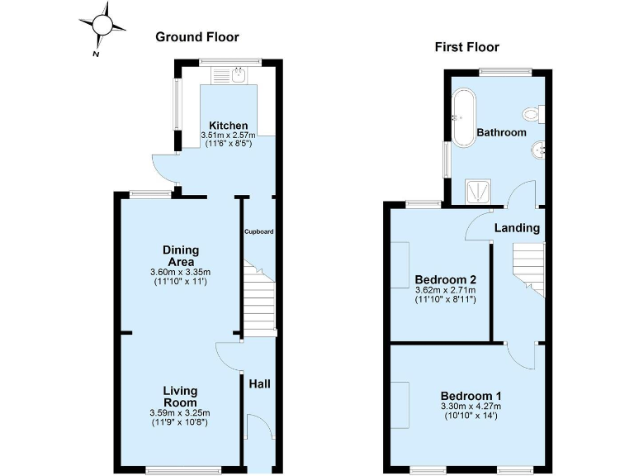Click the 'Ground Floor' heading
(x=197, y=36)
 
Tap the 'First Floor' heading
(x=467, y=47)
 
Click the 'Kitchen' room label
(x=228, y=126)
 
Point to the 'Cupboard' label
(x=258, y=231)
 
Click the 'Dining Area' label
(x=180, y=256)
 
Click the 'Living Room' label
(x=180, y=397)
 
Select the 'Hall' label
(x=260, y=384)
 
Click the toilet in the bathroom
(x=530, y=114)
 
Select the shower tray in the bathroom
(x=478, y=192)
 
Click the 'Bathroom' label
(x=501, y=132)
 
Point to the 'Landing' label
(x=517, y=227)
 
